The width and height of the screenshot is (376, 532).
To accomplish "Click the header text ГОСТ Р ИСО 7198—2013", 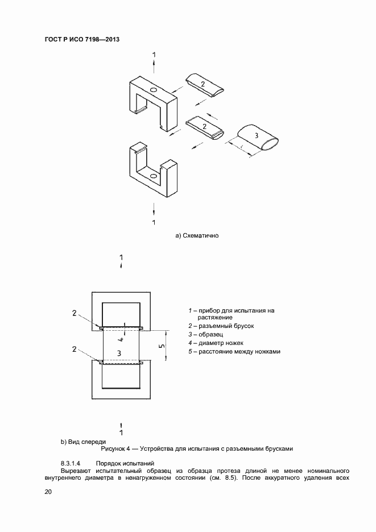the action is click(x=82, y=39).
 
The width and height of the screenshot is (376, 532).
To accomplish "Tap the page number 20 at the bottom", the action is click(x=48, y=492).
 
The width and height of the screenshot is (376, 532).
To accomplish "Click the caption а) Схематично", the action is click(x=197, y=235).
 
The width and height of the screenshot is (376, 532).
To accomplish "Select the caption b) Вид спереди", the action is click(x=83, y=442).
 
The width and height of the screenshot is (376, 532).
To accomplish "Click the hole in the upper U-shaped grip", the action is click(x=153, y=90).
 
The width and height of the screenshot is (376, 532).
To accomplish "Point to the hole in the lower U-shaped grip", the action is click(x=153, y=176).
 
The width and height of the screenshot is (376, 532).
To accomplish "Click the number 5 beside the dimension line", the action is click(x=162, y=346).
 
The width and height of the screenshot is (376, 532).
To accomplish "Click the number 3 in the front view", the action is click(x=119, y=354).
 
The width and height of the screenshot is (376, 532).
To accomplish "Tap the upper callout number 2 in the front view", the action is click(x=75, y=313).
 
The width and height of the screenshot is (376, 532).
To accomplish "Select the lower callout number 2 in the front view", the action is click(x=75, y=349).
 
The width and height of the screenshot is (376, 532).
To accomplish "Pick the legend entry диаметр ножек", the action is click(x=221, y=343).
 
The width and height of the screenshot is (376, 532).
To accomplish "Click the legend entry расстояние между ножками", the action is click(x=239, y=351).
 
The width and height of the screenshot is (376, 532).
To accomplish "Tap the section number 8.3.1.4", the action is click(x=71, y=463).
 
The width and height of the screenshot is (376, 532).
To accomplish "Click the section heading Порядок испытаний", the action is click(x=125, y=463).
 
